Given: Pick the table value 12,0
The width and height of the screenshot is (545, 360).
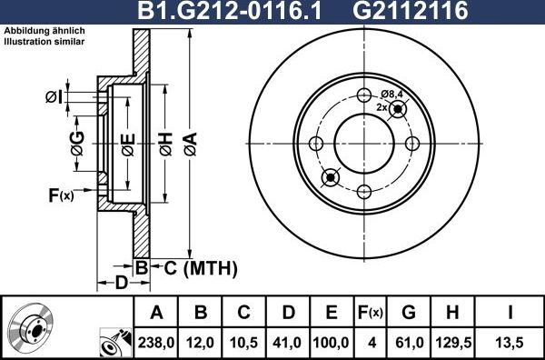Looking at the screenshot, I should click(x=201, y=343).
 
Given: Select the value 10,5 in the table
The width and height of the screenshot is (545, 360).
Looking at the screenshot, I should click(x=244, y=343).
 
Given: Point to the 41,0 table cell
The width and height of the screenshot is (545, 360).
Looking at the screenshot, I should click(x=288, y=343).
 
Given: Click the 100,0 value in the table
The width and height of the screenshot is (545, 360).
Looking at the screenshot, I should click(x=332, y=343).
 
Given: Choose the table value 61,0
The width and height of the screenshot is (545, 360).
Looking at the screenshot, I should click(x=408, y=343).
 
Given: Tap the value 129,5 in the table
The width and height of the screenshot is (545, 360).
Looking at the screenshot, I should click(x=451, y=343).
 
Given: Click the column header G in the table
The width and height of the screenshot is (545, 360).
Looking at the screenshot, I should click(x=408, y=314).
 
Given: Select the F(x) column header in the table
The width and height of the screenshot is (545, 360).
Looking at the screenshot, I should click(x=370, y=314).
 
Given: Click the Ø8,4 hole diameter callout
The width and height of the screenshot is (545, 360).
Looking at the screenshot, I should click(x=391, y=94).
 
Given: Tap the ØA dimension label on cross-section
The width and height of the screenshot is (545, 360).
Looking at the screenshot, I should click(x=189, y=140).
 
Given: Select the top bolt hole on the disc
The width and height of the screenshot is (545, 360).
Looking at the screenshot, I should click(x=364, y=95).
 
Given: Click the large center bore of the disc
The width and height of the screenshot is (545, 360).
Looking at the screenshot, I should click(x=364, y=143).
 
